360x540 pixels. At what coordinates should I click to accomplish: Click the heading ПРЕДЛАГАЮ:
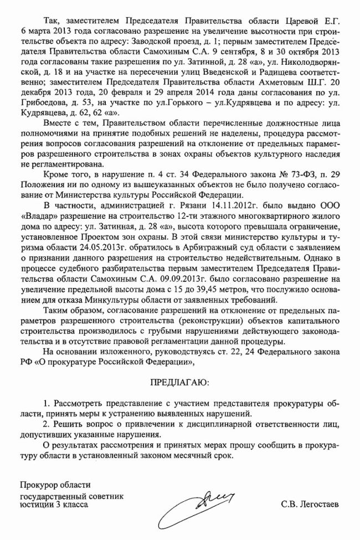coord(179,382)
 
